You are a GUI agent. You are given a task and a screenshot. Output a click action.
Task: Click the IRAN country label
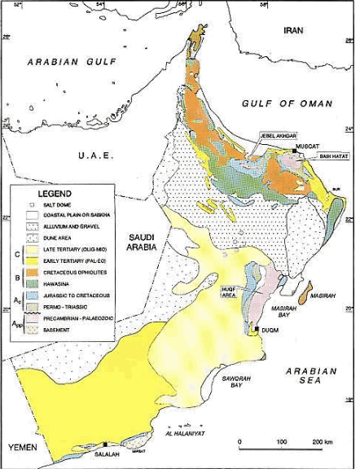tap(292, 30)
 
